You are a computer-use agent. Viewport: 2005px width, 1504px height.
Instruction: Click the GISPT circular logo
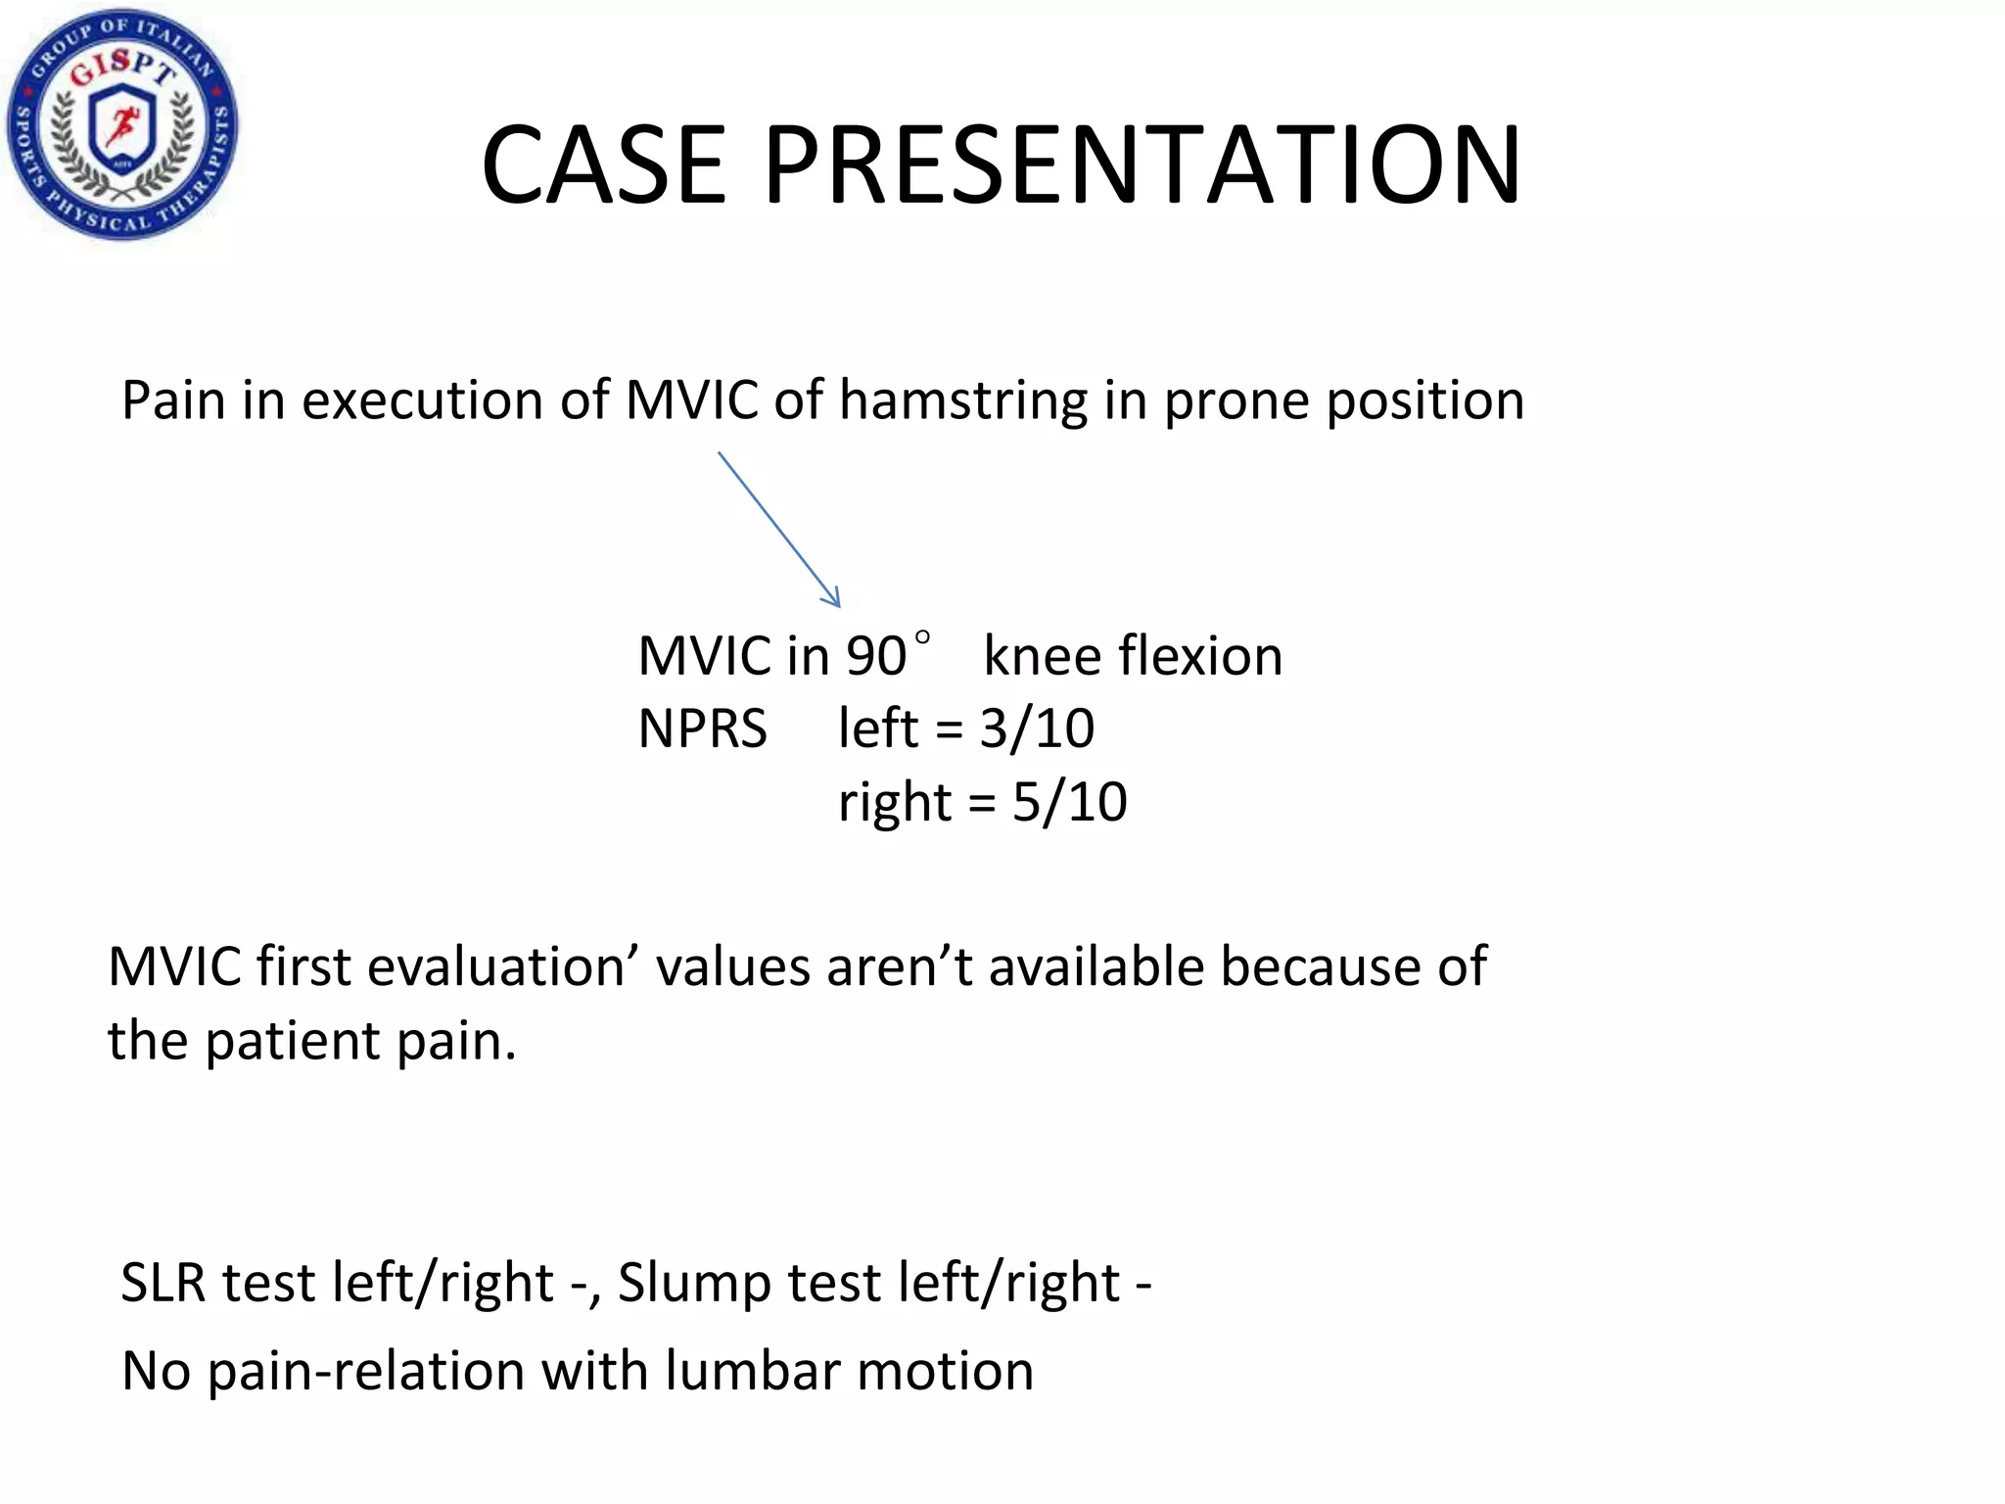coord(122,124)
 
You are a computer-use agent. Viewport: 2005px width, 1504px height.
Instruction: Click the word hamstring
coord(963,401)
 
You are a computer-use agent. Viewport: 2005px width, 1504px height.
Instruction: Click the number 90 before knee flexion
coord(876,656)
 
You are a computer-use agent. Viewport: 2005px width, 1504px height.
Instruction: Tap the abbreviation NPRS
coord(702,729)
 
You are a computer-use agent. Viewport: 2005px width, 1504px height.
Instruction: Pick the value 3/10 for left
coord(1037,729)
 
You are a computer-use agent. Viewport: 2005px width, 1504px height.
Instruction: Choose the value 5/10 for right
coord(1069,803)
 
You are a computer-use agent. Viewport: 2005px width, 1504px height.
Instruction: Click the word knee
coord(1040,656)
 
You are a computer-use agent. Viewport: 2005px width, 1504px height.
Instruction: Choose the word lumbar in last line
coord(753,1370)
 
